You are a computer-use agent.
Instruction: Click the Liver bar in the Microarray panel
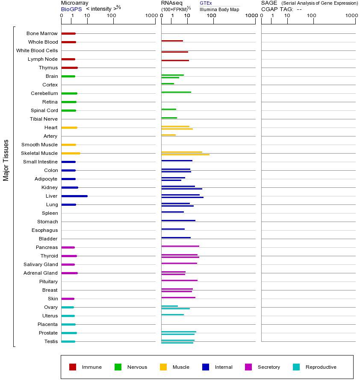coord(74,196)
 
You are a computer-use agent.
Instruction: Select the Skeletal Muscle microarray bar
coord(71,153)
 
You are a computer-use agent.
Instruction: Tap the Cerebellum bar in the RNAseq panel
coord(176,92)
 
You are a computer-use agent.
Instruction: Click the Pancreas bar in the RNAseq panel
coord(180,246)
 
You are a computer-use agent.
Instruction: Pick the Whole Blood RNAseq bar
coord(172,41)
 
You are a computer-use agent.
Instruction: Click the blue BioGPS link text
coord(71,9)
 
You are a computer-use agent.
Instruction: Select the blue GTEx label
coord(206,3)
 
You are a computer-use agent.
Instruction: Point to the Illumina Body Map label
coord(219,9)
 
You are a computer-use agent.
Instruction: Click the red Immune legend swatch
coord(73,367)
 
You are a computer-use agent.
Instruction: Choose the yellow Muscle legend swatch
coord(163,367)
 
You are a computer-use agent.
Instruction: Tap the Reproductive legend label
coord(321,367)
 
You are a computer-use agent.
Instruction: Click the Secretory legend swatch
coord(248,367)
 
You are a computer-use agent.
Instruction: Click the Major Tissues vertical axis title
coord(6,160)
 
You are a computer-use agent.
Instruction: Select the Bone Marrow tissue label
coord(42,33)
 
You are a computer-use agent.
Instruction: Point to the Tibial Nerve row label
coord(44,119)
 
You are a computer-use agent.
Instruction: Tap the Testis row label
coord(51,341)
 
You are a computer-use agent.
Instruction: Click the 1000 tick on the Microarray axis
coord(150,16)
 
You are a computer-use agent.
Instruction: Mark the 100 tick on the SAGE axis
coord(312,16)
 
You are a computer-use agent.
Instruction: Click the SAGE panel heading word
coord(269,3)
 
